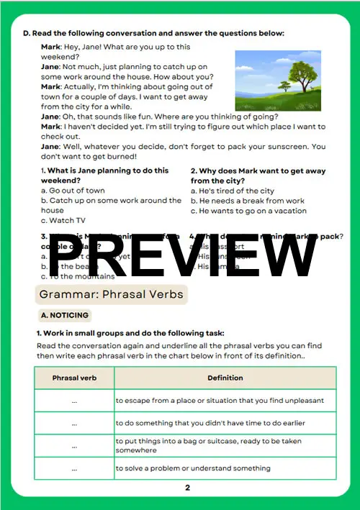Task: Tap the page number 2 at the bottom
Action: (x=187, y=487)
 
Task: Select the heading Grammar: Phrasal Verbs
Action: (x=111, y=294)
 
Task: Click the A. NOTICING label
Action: (x=65, y=316)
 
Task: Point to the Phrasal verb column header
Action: (x=74, y=378)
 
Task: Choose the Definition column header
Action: (x=225, y=378)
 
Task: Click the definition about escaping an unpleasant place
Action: (x=220, y=400)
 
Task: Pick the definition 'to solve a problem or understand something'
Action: (x=193, y=468)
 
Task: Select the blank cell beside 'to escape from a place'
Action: (x=74, y=400)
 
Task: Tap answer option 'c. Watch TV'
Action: (x=63, y=220)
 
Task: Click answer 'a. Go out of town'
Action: (x=73, y=191)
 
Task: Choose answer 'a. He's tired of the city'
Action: (x=233, y=191)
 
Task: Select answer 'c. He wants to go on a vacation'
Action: (x=248, y=211)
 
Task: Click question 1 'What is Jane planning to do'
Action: (x=104, y=176)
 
